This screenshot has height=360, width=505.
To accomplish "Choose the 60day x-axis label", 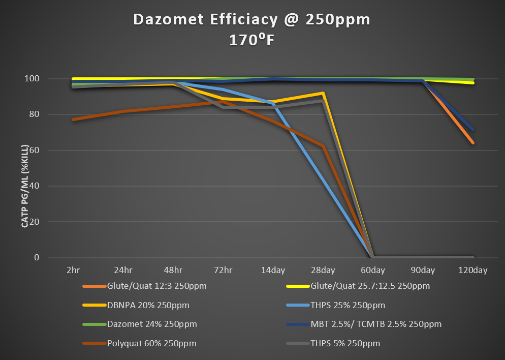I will [373, 271].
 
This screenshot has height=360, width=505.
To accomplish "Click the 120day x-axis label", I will [473, 271].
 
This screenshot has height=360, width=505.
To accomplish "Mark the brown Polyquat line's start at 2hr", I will [73, 119].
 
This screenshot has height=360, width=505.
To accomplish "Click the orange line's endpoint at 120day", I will [473, 143].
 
